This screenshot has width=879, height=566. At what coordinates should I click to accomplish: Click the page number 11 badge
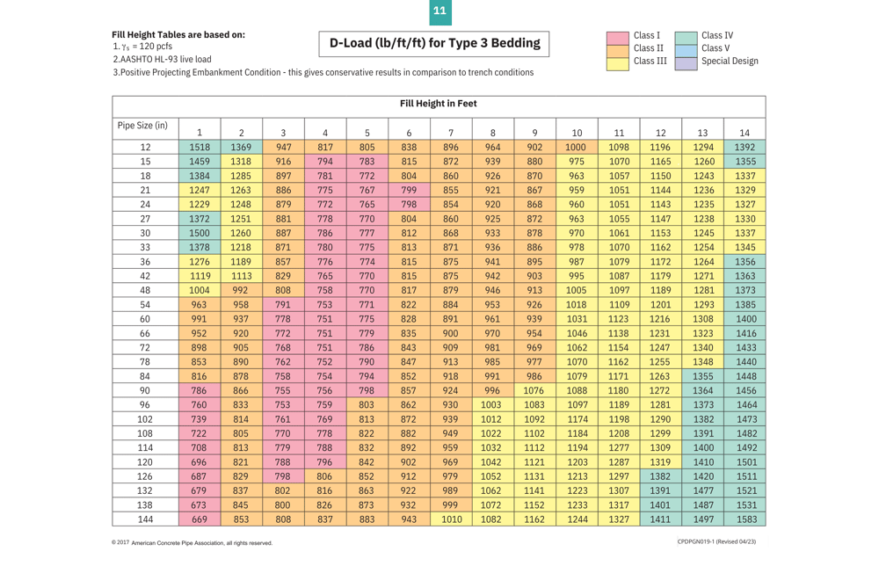[439, 11]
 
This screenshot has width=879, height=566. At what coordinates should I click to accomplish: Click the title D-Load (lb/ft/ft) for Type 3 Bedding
[435, 43]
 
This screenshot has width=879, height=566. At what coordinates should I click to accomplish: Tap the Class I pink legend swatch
[618, 36]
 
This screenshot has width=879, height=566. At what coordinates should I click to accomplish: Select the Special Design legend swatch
[686, 62]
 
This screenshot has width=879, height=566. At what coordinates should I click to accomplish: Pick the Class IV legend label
[717, 36]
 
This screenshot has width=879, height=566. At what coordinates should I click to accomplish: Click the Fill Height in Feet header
[439, 104]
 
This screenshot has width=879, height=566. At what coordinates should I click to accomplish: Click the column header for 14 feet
[745, 133]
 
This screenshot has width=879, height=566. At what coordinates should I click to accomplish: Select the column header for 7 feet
[451, 133]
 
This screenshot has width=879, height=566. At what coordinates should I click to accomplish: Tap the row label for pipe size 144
[145, 519]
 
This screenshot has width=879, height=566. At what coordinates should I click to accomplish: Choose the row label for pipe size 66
[145, 333]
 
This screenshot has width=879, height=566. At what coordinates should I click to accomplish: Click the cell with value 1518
[200, 148]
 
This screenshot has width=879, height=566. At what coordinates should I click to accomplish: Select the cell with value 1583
[745, 519]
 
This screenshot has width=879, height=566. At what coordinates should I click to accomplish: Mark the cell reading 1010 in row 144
[451, 519]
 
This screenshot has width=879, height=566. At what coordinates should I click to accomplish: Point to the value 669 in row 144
[200, 519]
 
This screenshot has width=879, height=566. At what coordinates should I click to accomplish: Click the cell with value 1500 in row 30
[200, 233]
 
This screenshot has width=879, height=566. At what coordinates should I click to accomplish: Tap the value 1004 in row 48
[200, 290]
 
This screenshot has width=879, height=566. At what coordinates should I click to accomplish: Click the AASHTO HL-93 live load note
[163, 59]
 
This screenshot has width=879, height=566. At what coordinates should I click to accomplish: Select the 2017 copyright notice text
[192, 543]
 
